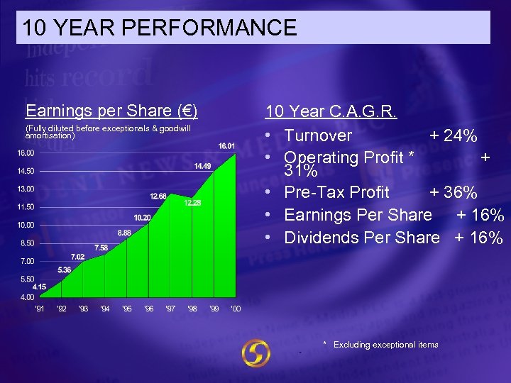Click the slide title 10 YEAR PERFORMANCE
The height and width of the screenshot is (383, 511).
click(x=160, y=28)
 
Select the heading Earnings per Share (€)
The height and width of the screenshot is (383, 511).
click(x=111, y=111)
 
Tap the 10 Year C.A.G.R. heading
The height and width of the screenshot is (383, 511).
click(x=331, y=111)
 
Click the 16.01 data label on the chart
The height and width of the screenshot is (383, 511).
click(x=227, y=145)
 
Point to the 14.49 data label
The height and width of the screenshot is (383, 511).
click(x=202, y=166)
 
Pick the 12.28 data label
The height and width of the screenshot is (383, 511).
click(x=192, y=203)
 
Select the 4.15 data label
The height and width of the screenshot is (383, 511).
click(x=40, y=287)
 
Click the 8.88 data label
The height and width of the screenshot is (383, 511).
click(x=124, y=233)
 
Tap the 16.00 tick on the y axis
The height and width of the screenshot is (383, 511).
click(x=26, y=152)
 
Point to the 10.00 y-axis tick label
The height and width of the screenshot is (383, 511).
click(x=26, y=226)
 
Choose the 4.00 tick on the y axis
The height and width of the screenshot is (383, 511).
click(x=27, y=297)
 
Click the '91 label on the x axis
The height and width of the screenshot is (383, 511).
click(x=40, y=309)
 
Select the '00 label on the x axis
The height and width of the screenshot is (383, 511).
click(x=236, y=309)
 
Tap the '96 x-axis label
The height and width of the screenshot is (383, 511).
click(x=148, y=309)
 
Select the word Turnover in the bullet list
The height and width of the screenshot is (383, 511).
click(x=318, y=135)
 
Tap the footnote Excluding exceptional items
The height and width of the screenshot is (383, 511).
click(x=385, y=345)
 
